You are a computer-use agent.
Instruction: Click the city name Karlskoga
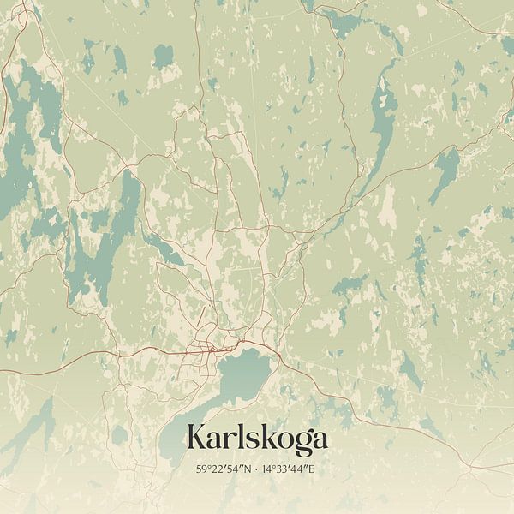tap(256, 439)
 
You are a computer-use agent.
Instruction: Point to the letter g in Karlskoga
tap(301, 443)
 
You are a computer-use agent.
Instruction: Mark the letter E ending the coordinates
tap(314, 469)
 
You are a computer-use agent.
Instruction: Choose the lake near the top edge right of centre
tap(343, 21)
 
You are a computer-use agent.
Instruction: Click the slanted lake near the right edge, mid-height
tap(445, 171)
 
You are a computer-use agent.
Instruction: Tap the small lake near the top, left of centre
tap(163, 58)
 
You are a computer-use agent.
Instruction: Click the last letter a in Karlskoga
tap(319, 439)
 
